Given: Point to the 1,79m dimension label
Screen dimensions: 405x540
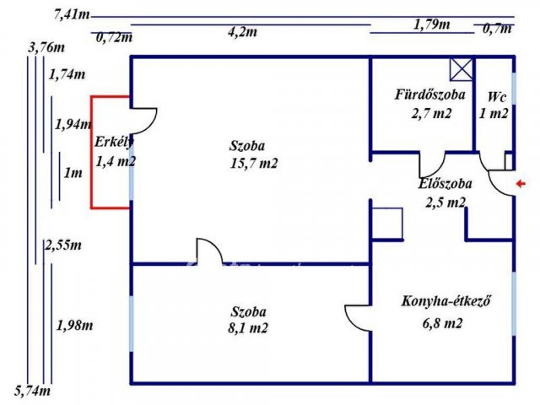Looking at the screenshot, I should click(x=432, y=24).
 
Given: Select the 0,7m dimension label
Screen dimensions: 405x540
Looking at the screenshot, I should click(x=497, y=30).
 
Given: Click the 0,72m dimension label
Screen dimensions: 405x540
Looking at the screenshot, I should click(x=115, y=37).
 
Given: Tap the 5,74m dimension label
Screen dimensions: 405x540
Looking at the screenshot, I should click(x=34, y=391).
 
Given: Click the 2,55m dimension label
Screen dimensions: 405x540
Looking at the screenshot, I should click(x=63, y=245).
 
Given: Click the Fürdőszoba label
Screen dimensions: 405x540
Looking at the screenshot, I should click(x=430, y=94).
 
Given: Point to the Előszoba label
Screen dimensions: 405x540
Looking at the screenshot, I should click(x=445, y=183).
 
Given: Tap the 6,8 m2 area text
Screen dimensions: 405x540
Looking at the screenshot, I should click(x=442, y=323).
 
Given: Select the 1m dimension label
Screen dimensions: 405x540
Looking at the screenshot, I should click(x=73, y=174).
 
